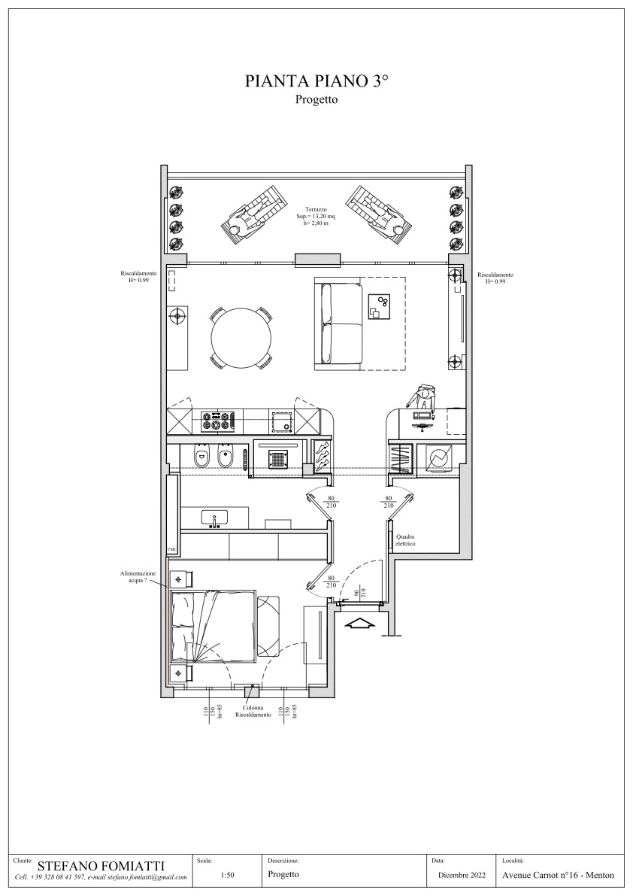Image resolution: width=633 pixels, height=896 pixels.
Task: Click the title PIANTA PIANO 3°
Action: [x=316, y=82]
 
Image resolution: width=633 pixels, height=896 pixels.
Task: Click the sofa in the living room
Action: [x=338, y=324]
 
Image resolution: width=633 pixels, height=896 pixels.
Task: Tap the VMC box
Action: [x=172, y=549]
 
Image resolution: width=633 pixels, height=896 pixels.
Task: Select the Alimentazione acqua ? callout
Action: [x=137, y=576]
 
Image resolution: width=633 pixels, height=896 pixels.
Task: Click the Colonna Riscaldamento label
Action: [x=253, y=711]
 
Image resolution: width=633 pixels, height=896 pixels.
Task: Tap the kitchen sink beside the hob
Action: [x=282, y=422]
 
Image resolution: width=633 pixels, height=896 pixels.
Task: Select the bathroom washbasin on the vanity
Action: [x=214, y=517]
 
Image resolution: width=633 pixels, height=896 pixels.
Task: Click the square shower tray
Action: [x=279, y=460]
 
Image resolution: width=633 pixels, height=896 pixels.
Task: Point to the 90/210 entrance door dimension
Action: [x=359, y=593]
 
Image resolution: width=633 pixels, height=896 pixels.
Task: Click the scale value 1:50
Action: [x=226, y=875]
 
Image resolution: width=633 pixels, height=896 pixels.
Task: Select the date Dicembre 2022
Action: [x=462, y=875]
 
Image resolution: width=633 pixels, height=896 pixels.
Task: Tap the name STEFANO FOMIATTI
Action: [x=101, y=867]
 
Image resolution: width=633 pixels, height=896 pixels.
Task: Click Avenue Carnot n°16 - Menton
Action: [x=559, y=875]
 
